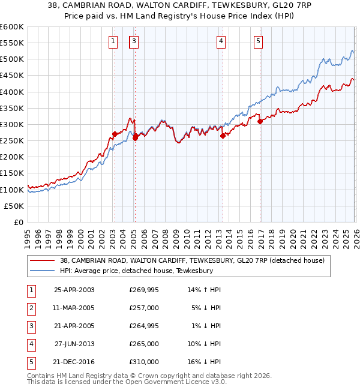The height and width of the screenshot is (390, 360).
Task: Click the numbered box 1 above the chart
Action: coord(113,41)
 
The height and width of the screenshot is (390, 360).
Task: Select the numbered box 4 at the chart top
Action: coord(221,41)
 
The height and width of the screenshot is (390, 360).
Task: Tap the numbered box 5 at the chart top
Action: coord(258,41)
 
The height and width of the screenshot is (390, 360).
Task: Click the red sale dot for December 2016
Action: coord(260,121)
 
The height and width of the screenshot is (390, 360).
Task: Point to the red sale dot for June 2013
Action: coord(223,136)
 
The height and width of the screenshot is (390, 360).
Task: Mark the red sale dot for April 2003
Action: coord(115,134)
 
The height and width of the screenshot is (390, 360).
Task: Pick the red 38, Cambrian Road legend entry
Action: coord(192,260)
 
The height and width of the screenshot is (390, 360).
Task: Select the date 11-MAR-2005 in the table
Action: coord(74,307)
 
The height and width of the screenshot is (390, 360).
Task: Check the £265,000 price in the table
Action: coord(144,344)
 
